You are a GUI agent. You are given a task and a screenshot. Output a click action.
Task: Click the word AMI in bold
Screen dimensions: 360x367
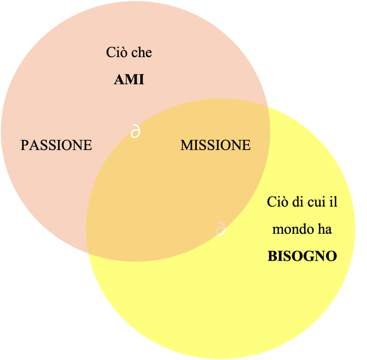click(129, 80)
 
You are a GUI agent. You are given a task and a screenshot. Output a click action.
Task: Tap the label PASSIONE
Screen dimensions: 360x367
click(56, 145)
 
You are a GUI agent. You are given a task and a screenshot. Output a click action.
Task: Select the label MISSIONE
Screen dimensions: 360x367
click(215, 145)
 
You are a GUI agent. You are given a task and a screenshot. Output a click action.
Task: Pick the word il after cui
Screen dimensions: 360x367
click(334, 202)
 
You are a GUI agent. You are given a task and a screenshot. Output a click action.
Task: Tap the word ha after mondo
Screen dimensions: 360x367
click(324, 229)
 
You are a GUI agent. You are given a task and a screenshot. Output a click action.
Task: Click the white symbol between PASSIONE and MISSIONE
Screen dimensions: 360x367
click(135, 131)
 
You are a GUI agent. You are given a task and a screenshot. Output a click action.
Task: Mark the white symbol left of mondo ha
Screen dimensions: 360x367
click(221, 229)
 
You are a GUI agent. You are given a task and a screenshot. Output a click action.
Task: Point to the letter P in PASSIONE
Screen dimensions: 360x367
click(24, 145)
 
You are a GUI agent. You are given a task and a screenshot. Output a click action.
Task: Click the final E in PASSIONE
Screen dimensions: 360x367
click(88, 145)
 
